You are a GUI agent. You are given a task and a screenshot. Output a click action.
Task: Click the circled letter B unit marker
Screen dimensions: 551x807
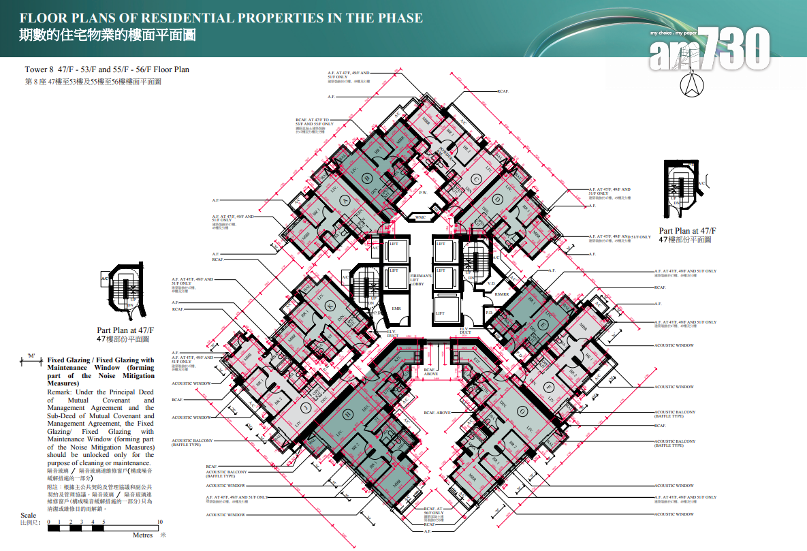coord(367,179)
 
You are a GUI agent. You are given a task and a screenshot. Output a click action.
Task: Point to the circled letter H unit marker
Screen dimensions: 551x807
coord(347,413)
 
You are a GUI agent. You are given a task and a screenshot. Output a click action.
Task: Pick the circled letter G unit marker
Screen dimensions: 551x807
coord(522,410)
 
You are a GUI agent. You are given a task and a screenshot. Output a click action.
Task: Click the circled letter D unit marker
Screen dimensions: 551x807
coord(498,199)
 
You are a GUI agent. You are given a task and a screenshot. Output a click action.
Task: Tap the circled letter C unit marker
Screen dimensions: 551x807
coord(477,179)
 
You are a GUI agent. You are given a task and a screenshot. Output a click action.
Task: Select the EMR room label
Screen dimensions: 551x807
coord(396,309)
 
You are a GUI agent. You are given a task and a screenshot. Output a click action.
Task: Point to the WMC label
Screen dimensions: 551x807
coord(420,217)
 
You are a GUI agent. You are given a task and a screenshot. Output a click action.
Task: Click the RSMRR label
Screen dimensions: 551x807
coord(501,294)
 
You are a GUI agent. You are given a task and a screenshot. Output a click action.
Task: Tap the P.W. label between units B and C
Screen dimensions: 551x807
coord(422,193)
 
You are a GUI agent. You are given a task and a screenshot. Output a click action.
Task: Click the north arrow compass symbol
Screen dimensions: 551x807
coord(692,86)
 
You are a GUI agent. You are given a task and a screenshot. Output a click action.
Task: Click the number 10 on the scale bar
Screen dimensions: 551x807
coord(160,522)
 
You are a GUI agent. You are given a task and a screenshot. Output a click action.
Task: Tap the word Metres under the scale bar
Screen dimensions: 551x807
coord(142,535)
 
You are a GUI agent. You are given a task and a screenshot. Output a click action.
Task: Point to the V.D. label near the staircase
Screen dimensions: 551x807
coord(491,283)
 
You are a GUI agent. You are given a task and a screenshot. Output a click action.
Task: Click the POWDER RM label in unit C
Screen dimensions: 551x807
coord(443,151)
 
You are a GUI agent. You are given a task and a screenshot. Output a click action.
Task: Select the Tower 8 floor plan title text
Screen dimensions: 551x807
coord(107,69)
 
